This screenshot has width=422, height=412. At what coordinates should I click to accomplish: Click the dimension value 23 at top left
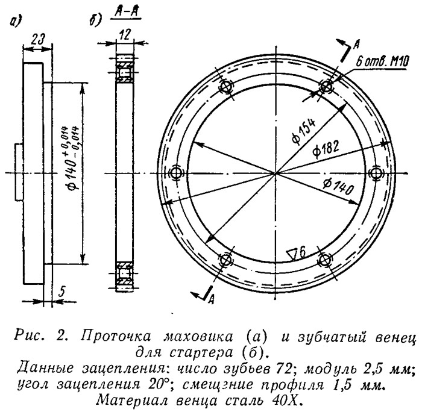(37, 40)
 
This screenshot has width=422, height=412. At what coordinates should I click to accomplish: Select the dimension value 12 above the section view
(125, 35)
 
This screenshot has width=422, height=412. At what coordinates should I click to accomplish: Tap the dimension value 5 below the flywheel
(61, 292)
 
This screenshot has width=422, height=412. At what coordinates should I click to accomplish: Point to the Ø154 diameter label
(303, 132)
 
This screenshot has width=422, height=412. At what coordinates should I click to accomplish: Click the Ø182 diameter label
(326, 149)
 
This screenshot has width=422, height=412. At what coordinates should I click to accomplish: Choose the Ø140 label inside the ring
(338, 187)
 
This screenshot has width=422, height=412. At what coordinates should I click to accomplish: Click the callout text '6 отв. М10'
(382, 63)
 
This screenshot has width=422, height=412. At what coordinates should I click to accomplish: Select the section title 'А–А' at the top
(125, 13)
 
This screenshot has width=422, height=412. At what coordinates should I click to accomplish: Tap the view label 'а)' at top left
(15, 22)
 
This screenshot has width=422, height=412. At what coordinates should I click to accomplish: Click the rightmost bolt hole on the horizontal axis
(376, 173)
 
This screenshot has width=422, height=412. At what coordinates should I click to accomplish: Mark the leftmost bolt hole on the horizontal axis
(177, 172)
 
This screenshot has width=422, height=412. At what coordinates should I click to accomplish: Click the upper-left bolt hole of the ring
(226, 87)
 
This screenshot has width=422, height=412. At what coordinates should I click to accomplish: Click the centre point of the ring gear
(276, 173)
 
